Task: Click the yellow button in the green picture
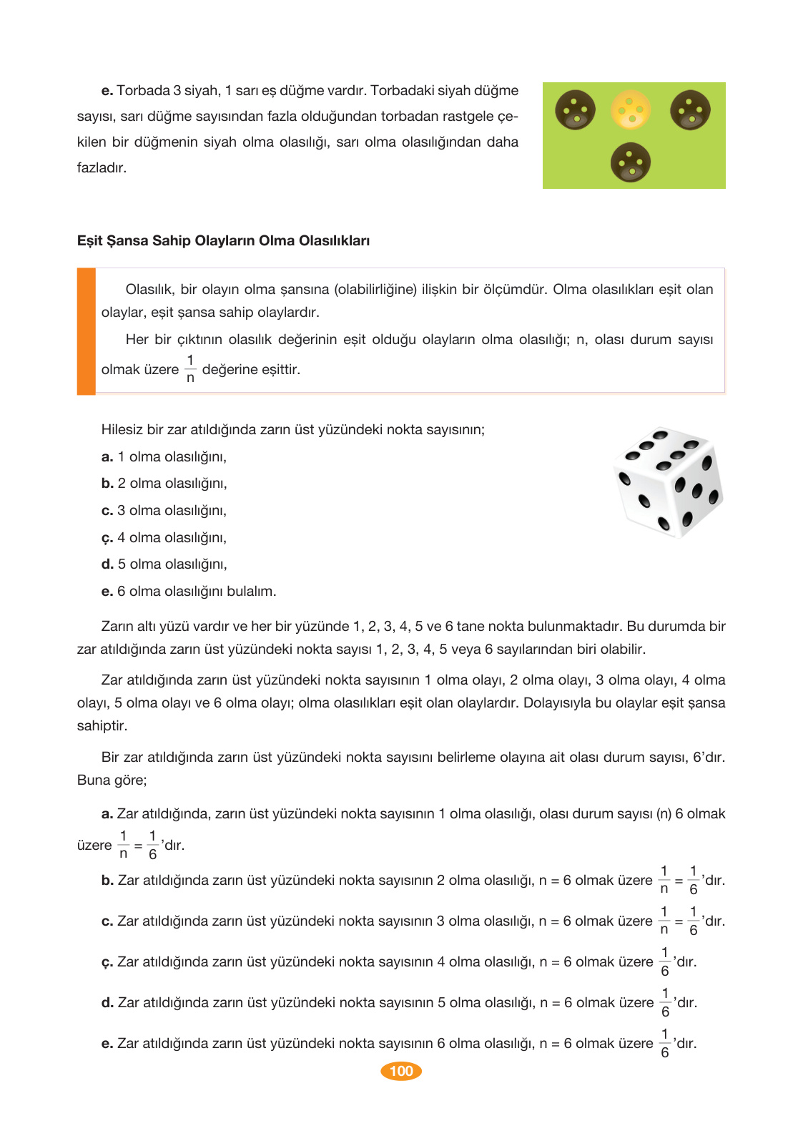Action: coord(631,109)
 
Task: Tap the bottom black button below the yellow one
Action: coord(631,162)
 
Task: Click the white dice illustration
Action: coord(668,482)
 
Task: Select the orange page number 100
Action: coord(401,1071)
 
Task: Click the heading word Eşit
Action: coord(89,241)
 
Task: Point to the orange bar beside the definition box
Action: coord(87,331)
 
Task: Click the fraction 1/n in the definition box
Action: coord(190,369)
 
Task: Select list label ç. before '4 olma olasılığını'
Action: coord(107,538)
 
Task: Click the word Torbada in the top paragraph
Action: coord(143,91)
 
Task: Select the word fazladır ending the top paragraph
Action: coord(102,168)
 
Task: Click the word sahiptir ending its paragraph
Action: coord(102,726)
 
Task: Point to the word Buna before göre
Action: coord(92,780)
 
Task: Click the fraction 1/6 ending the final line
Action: coord(665,1044)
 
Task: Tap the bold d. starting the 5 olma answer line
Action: coord(107,1003)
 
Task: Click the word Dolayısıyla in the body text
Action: coord(557,703)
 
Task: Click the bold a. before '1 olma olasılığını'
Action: coord(107,457)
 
